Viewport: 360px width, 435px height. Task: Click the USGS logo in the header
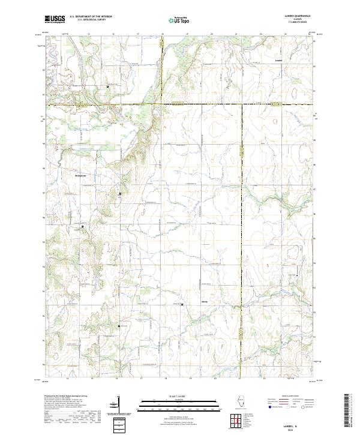click(55, 20)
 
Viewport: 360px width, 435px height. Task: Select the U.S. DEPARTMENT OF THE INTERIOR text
click(90, 17)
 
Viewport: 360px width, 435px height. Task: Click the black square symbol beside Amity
click(182, 305)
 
